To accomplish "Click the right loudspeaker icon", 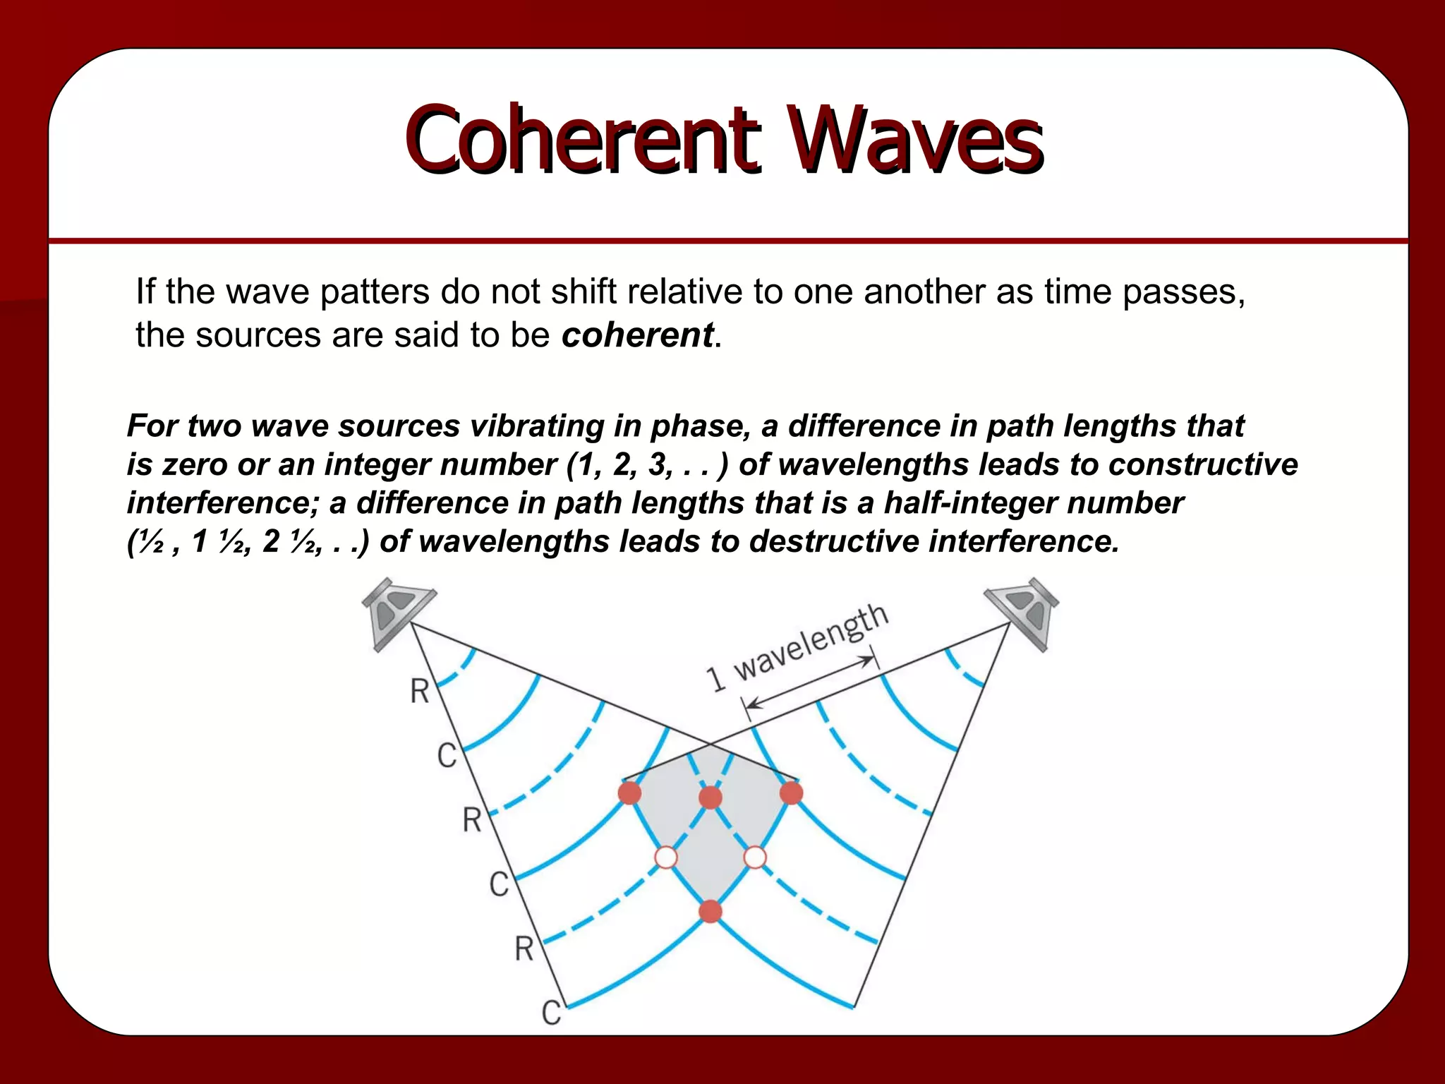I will pyautogui.click(x=1023, y=611).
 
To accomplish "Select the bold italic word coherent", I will pyautogui.click(x=637, y=335).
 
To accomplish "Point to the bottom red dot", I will pyautogui.click(x=711, y=911).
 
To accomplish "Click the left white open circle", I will pyautogui.click(x=666, y=857).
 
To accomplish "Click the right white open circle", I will pyautogui.click(x=755, y=857).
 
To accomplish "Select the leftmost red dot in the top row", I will pyautogui.click(x=629, y=793).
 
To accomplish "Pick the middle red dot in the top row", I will pyautogui.click(x=711, y=797).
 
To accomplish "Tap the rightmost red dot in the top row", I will pyautogui.click(x=792, y=793).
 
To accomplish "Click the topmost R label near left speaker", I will pyautogui.click(x=420, y=691).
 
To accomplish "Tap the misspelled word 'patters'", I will pyautogui.click(x=374, y=291).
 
